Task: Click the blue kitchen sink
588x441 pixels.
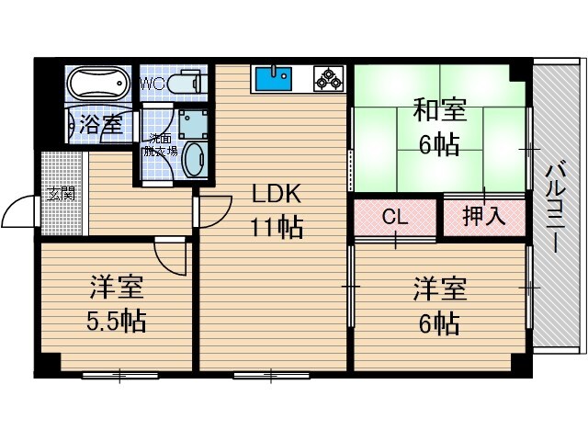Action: [x=272, y=79]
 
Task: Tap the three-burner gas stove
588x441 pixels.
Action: [x=327, y=80]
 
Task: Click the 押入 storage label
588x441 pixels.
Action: [x=482, y=218]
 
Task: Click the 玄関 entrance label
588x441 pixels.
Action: [x=62, y=195]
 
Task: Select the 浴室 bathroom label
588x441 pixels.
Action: [x=99, y=125]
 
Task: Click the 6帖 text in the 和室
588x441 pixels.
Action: [x=439, y=144]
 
